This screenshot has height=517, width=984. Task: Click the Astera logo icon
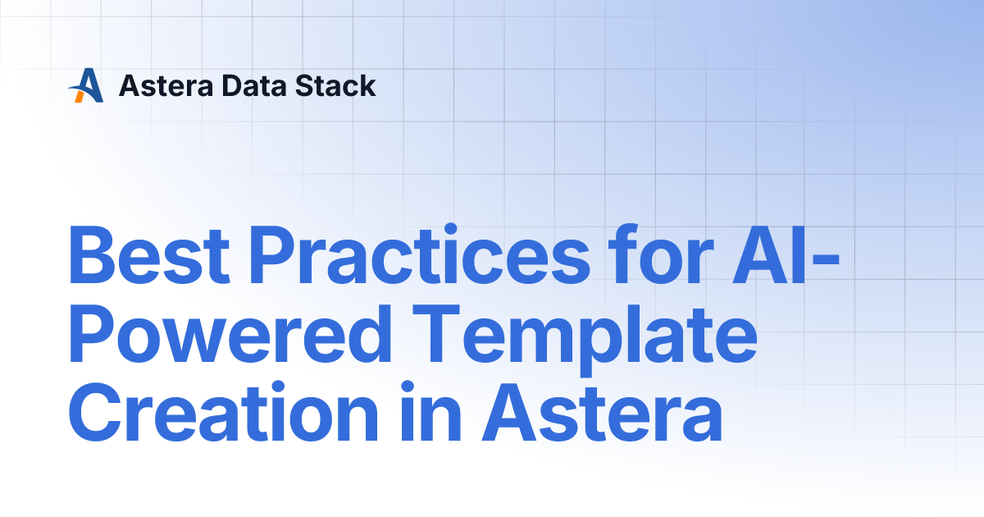[85, 85]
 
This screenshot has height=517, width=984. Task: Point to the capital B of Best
[92, 254]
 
